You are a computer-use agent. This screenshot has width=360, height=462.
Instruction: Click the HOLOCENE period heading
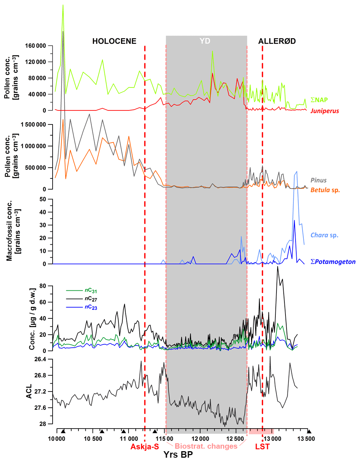(114, 41)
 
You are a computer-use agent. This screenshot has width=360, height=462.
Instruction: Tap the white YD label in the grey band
(205, 41)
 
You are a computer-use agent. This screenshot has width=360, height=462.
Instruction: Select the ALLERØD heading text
(277, 41)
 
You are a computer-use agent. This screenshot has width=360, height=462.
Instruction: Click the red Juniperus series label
(325, 111)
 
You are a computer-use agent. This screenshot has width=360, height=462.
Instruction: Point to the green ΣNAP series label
(319, 100)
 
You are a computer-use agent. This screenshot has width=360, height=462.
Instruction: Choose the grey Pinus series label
(319, 180)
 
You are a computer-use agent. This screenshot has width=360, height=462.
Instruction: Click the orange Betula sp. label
(325, 190)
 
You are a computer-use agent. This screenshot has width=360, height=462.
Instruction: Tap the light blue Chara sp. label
(324, 235)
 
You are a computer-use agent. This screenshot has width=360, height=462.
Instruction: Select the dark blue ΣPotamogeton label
(333, 262)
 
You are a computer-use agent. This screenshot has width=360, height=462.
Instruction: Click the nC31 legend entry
(91, 291)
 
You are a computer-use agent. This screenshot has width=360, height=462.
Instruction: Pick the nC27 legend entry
(91, 299)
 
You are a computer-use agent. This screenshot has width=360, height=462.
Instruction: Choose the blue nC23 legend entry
(91, 307)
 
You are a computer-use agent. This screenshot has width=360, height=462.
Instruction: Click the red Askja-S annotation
(145, 447)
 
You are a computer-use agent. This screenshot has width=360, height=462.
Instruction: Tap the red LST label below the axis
(262, 447)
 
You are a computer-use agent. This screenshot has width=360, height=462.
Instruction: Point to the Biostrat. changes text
(206, 446)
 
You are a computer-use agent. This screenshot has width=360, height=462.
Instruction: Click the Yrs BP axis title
(178, 455)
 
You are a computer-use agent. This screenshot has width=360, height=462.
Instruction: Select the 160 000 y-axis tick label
(36, 46)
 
